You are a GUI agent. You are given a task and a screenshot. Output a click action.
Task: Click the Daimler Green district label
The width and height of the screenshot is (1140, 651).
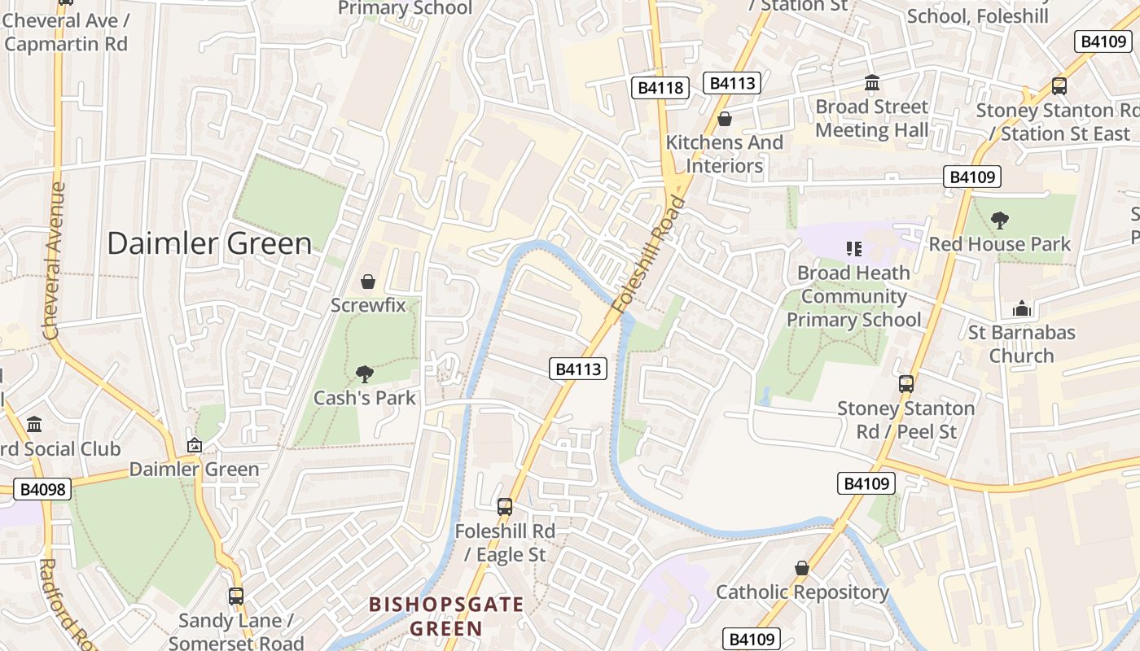tap(209, 243)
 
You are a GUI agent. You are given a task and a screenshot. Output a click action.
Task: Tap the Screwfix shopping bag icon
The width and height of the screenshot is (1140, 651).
tap(368, 282)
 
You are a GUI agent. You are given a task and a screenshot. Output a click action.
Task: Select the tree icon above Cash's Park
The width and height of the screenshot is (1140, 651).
tap(365, 374)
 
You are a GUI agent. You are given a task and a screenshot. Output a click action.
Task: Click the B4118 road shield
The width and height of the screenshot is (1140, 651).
tap(660, 88)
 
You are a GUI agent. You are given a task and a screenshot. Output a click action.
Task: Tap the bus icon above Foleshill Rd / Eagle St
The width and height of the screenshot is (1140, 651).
tap(505, 507)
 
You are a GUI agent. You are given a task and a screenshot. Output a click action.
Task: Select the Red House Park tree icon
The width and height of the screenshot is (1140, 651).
tap(1000, 220)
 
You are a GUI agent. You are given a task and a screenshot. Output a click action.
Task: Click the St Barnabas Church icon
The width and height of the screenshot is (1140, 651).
tap(1021, 308)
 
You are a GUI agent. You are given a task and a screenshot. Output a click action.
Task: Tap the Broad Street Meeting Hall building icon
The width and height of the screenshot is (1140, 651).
tap(872, 83)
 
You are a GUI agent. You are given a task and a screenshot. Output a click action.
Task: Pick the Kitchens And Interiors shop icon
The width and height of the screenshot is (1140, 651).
tap(724, 120)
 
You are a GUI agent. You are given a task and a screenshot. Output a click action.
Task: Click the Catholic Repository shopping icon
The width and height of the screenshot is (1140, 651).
tap(802, 568)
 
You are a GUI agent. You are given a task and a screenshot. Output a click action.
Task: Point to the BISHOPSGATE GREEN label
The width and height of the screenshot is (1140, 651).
tap(446, 616)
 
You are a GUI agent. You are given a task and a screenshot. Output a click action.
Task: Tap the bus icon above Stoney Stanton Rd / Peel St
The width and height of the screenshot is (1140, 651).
tap(905, 384)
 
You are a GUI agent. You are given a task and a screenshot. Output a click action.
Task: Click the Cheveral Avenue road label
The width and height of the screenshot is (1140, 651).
tap(54, 260)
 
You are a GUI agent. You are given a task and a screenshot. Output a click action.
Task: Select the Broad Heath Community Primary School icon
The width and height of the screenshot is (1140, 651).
tap(853, 248)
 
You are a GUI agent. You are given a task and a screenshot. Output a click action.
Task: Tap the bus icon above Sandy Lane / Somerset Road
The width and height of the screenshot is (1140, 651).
tap(236, 596)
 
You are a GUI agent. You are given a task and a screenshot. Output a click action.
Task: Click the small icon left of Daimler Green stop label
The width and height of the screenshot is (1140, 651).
tap(195, 445)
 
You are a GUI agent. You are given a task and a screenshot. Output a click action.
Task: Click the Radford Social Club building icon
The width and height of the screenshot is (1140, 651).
tap(34, 425)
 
